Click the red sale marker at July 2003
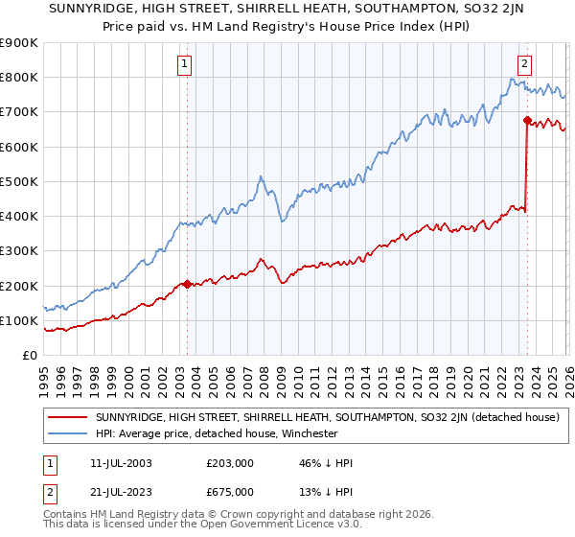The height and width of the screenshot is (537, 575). (187, 285)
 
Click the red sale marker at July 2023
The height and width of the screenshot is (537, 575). (527, 121)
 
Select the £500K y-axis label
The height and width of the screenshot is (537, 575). (19, 182)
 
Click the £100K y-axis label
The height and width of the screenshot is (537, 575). (19, 321)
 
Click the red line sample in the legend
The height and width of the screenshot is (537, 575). (68, 417)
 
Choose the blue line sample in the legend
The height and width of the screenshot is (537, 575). (68, 433)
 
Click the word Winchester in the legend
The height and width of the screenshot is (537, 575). (308, 433)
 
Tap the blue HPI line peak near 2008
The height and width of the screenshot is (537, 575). (260, 177)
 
